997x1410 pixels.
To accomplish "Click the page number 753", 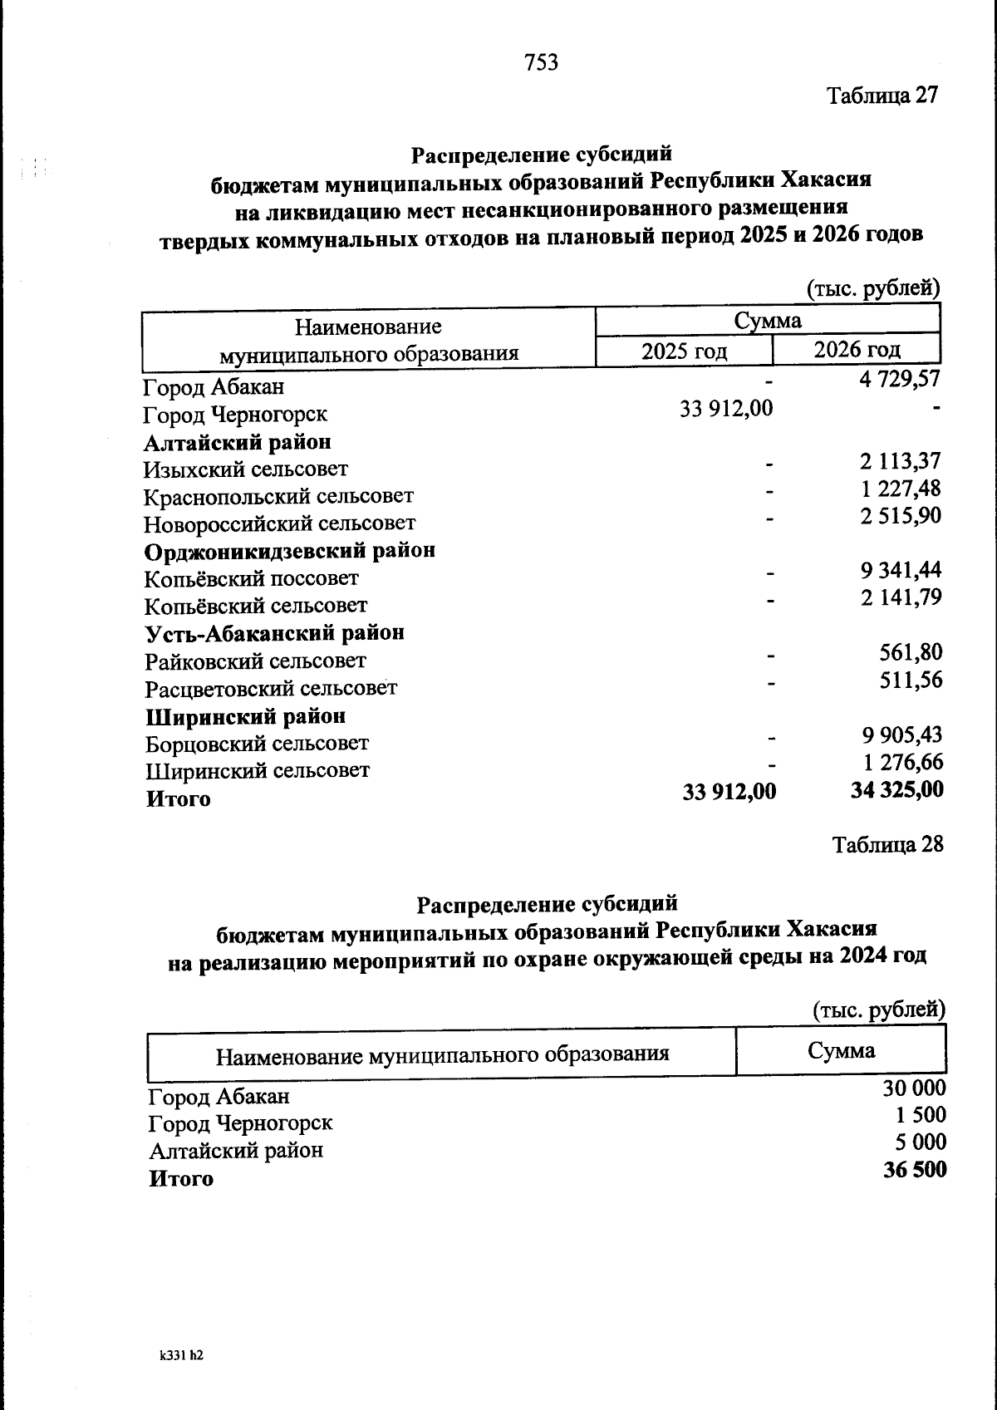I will [541, 62].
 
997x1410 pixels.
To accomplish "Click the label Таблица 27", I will [882, 96].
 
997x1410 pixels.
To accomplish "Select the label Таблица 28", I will [887, 844].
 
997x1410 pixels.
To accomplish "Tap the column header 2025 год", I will [684, 351].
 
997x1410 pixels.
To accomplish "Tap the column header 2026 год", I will [857, 349].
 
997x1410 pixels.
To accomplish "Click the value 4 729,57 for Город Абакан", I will [900, 380].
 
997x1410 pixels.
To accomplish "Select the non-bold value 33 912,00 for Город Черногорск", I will [726, 409].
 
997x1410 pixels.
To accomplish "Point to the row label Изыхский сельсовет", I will [246, 469].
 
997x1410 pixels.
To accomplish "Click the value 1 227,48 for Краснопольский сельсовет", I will [901, 489].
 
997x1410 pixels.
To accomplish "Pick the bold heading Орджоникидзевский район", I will [290, 551].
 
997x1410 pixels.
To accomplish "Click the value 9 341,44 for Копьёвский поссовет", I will [901, 570].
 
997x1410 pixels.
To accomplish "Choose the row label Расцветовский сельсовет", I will [271, 689].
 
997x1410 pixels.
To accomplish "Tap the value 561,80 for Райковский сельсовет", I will [911, 652].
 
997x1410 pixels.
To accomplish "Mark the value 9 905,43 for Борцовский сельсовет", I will [901, 734].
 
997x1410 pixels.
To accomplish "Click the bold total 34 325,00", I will [896, 789].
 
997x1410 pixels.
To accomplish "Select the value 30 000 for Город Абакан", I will [914, 1088].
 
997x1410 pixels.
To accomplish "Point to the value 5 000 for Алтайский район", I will [921, 1142].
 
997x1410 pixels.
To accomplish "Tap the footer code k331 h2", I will [181, 1355].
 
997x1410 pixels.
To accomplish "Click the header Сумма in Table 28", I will [841, 1051].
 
